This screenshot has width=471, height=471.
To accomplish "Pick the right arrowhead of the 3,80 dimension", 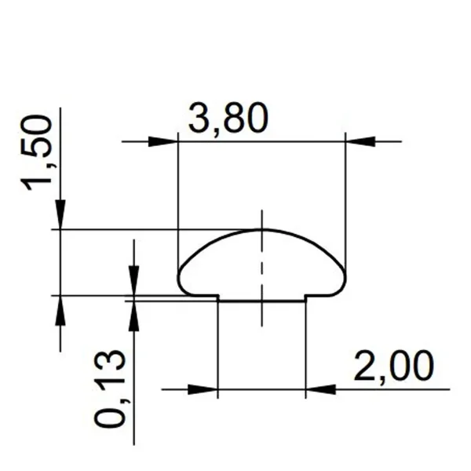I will coord(360,141).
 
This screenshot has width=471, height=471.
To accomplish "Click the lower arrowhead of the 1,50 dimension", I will coord(60,310).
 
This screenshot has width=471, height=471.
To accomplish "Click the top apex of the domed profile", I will coord(261,230).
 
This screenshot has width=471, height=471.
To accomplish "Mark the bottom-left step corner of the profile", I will coord(217,296).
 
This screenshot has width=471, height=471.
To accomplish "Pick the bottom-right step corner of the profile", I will coord(305,296).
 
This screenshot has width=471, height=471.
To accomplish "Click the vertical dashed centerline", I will coord(261,267).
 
